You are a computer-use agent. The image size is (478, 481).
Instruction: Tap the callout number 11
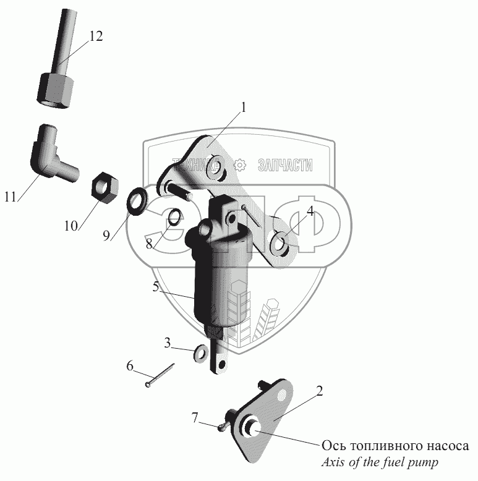(9, 198)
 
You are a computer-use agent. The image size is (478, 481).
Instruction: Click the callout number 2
(319, 391)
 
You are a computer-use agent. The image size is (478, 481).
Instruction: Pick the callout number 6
(130, 365)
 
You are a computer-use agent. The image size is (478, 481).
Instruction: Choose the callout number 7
(195, 419)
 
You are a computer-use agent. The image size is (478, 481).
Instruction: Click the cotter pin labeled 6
(160, 376)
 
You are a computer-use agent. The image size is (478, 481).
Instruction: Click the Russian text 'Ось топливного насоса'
(395, 446)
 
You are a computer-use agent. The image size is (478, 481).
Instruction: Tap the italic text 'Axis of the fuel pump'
(382, 462)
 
